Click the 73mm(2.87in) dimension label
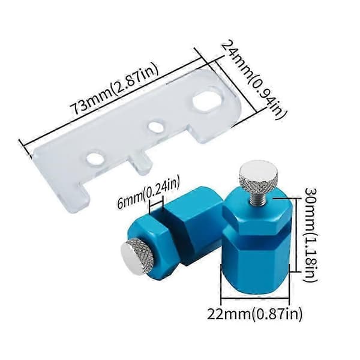tap(115, 89)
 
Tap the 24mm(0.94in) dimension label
tap(253, 80)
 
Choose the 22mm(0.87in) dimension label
tap(254, 313)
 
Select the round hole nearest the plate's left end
tap(95, 158)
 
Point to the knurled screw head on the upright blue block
tap(258, 176)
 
